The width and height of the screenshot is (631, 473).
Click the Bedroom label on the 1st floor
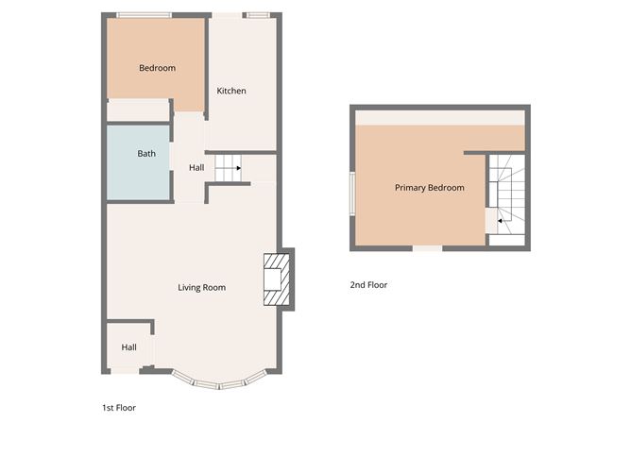157,68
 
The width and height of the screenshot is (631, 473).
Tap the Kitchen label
231,91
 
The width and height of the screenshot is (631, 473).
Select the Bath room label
146,154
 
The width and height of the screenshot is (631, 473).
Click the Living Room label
201,288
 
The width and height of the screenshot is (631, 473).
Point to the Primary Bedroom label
430,188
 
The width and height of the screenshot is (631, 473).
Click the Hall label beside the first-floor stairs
196,168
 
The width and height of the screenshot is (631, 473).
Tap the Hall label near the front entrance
129,347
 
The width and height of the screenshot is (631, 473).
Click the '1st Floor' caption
119,408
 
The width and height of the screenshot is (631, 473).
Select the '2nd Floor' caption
368,285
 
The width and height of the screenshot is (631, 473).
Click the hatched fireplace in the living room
277,279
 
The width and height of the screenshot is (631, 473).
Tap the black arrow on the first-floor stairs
239,168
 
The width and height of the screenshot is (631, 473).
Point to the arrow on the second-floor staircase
500,221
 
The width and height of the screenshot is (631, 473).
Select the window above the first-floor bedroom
145,15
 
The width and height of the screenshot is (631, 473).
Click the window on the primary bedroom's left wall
352,194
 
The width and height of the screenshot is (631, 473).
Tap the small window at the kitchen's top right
258,15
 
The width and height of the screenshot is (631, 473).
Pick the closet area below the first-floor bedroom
138,110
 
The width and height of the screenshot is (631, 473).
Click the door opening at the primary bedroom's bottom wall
427,248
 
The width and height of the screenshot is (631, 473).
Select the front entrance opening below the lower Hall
125,371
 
